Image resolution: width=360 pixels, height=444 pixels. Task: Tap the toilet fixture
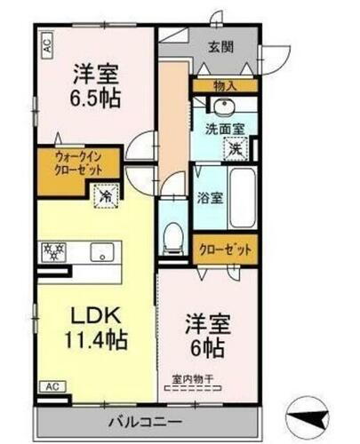pyautogui.click(x=174, y=237)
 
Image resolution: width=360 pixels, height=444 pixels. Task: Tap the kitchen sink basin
pyautogui.click(x=100, y=251)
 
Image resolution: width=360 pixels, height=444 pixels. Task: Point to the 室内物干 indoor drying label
pyautogui.click(x=193, y=379)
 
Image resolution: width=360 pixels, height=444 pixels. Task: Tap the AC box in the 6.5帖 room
pyautogui.click(x=46, y=41)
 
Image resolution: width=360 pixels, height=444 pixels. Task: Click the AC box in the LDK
pyautogui.click(x=52, y=387)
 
